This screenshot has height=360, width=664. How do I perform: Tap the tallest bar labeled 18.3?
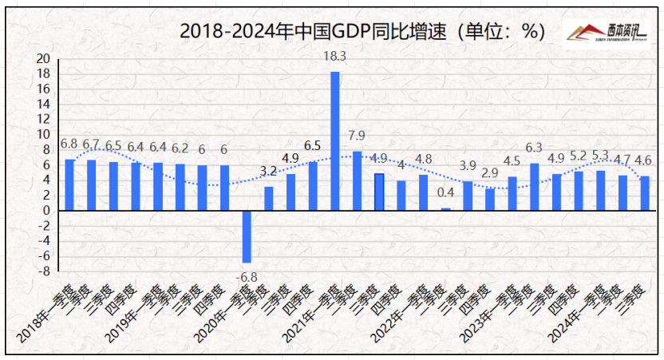click(335, 140)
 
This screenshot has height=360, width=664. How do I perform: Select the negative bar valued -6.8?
click(247, 236)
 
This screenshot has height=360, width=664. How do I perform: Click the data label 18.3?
click(334, 57)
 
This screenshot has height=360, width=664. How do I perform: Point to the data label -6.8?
click(247, 276)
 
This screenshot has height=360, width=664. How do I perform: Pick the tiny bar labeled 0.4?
click(445, 209)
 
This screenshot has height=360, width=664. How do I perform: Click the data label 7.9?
click(357, 135)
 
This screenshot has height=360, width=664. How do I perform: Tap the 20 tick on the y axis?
click(43, 58)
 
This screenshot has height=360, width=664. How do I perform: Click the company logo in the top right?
click(607, 33)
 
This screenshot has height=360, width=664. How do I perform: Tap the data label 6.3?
click(534, 148)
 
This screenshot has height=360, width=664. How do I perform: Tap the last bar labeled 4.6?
click(645, 193)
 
